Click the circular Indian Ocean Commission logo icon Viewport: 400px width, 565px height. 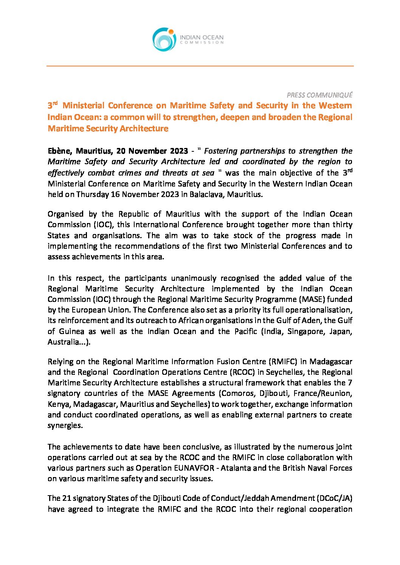(164, 39)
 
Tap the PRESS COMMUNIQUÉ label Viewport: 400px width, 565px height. (319, 95)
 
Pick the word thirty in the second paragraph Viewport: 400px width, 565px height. (343, 225)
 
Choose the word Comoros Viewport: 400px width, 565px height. (237, 393)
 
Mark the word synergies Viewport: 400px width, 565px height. (65, 425)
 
